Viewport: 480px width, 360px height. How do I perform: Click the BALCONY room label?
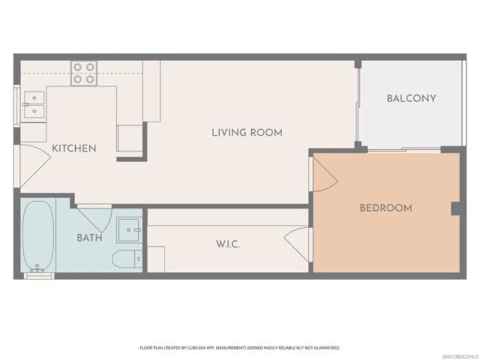[411, 98]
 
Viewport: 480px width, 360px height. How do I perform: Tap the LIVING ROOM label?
[247, 133]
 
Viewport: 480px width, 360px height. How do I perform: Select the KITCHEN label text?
[74, 148]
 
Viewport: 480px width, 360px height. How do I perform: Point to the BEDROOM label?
[386, 208]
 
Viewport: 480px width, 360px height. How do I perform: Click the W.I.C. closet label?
[228, 244]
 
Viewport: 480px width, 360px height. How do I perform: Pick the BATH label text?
[89, 238]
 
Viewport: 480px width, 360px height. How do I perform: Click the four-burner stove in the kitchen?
[84, 73]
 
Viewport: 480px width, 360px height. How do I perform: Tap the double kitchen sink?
[34, 105]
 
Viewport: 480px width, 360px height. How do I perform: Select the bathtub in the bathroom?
[39, 237]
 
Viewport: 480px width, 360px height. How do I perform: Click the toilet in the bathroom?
[127, 259]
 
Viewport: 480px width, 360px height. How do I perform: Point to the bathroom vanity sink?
[130, 230]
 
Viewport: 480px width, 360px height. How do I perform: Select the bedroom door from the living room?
[324, 175]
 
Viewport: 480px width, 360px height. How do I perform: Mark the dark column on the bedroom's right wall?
[456, 208]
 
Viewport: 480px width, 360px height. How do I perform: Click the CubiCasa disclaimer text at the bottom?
[240, 348]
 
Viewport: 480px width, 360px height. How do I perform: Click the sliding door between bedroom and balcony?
[404, 150]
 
